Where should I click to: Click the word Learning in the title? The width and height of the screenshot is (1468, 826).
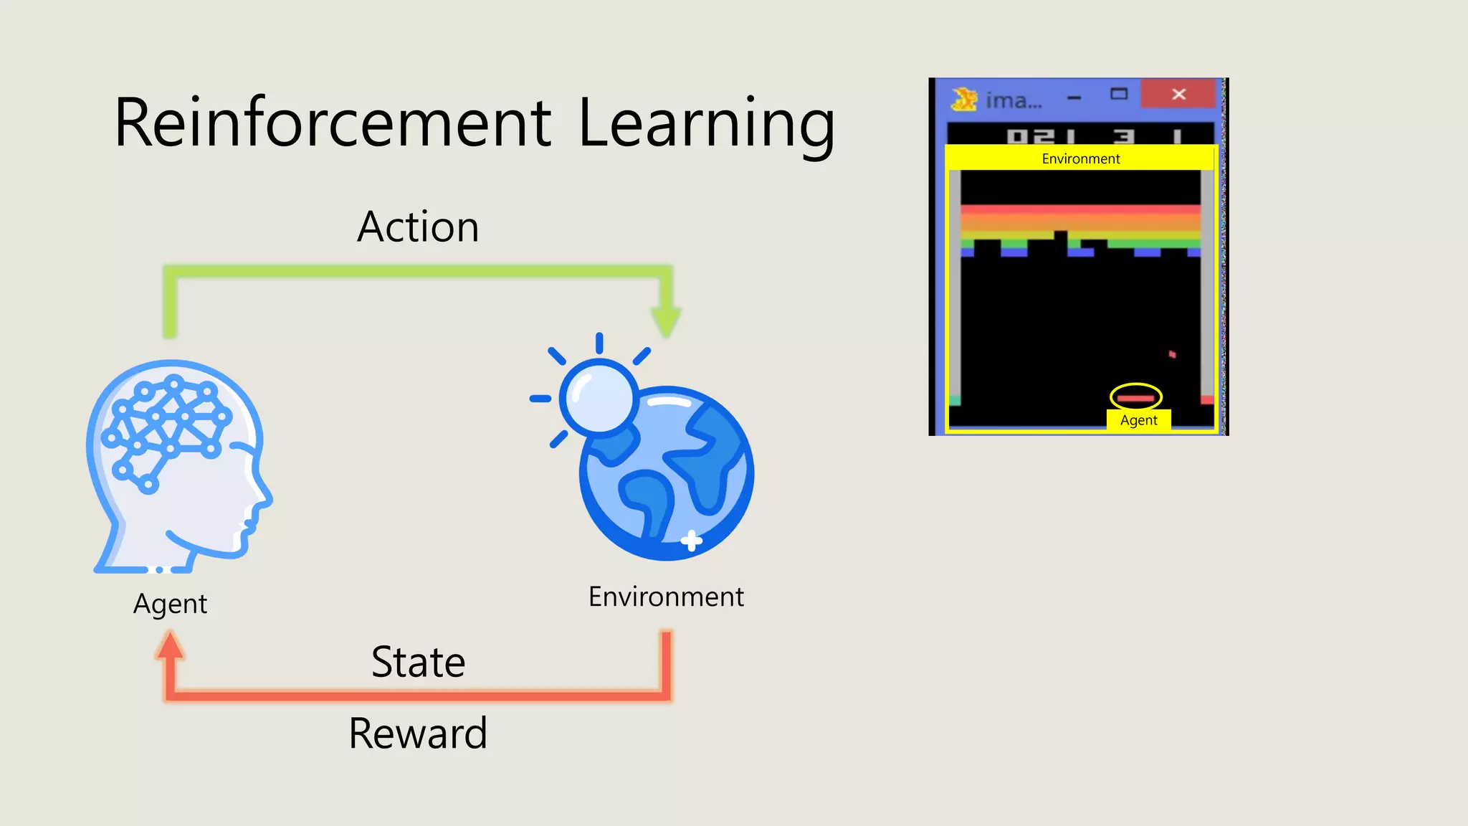[706, 123]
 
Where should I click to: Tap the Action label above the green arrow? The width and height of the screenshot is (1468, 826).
[419, 227]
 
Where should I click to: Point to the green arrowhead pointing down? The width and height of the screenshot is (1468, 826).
[666, 321]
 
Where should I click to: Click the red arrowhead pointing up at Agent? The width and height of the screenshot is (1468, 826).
[170, 645]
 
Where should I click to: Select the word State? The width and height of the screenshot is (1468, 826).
[419, 662]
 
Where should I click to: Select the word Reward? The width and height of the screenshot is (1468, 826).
[419, 734]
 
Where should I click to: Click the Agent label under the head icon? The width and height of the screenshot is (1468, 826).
[170, 604]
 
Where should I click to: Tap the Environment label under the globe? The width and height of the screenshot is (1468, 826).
[666, 597]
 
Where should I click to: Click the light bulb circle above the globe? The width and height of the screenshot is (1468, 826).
[599, 397]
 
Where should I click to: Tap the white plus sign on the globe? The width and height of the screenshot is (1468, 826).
[691, 541]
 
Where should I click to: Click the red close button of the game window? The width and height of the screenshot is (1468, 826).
[1179, 94]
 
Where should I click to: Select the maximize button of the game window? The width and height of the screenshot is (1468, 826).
[1119, 94]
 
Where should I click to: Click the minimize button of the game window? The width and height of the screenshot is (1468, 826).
[1074, 97]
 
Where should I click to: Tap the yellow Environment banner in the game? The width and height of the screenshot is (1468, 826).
[1081, 158]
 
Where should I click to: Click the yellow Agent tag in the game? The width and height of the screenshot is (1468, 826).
[1138, 420]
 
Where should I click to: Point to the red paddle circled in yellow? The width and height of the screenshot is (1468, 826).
[1136, 398]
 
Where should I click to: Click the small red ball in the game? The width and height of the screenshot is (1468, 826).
[1172, 354]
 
